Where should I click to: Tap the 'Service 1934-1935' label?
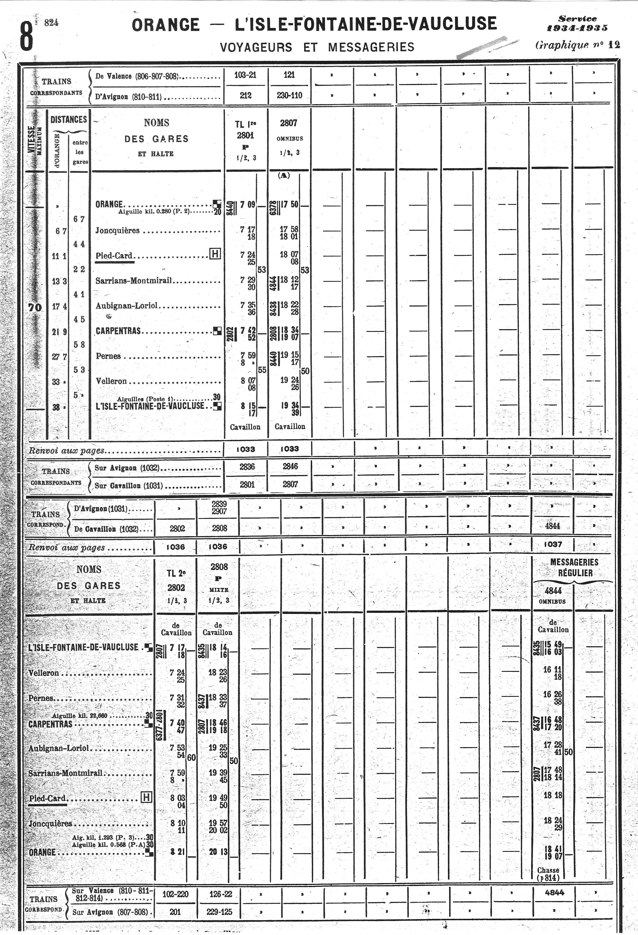click(577, 23)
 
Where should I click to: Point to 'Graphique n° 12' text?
click(577, 45)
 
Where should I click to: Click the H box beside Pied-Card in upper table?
click(215, 254)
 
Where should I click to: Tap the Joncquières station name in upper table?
click(117, 231)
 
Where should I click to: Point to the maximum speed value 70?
click(35, 307)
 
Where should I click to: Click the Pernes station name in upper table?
click(108, 356)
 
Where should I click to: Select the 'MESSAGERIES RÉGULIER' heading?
click(574, 567)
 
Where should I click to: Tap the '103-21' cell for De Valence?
click(245, 75)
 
